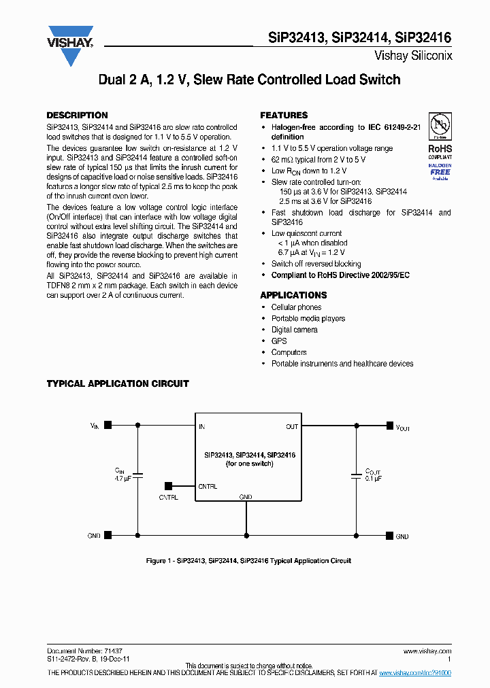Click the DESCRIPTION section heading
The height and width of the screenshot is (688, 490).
[x=77, y=116]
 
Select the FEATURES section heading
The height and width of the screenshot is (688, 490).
[x=284, y=116]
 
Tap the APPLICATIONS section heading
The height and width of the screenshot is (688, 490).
[x=293, y=296]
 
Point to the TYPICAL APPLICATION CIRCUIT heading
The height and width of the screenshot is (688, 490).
[x=118, y=384]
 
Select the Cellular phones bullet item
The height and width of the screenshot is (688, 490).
[x=296, y=307]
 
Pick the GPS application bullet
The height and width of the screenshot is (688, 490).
[x=279, y=341]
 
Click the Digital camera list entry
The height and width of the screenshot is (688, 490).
[x=294, y=330]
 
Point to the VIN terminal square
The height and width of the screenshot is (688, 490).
[x=108, y=426]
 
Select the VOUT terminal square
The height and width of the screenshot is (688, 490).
[x=389, y=426]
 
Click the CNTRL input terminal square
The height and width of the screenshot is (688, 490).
[x=168, y=486]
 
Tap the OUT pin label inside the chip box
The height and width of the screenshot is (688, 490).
[x=292, y=427]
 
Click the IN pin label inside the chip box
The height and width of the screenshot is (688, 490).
[x=201, y=427]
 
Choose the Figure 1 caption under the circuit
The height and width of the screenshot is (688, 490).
[x=248, y=561]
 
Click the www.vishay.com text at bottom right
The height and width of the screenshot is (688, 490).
[x=427, y=651]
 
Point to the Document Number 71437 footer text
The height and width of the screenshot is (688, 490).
[x=84, y=651]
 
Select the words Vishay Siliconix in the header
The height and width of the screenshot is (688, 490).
[x=413, y=56]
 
